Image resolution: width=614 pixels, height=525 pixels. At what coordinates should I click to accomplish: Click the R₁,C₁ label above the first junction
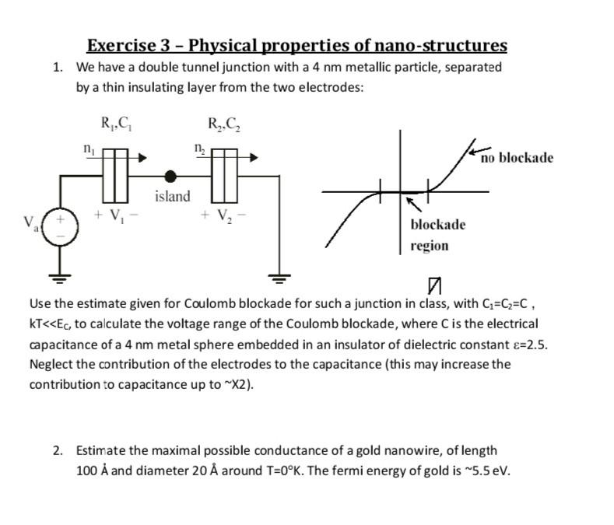point(116,123)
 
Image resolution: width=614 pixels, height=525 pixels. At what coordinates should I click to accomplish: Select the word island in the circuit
point(172,196)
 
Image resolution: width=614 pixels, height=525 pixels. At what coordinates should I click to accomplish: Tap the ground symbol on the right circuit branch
point(278,274)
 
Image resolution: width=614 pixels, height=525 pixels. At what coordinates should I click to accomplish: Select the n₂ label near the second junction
point(200,147)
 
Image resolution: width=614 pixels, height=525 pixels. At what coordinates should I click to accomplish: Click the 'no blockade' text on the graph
point(517,158)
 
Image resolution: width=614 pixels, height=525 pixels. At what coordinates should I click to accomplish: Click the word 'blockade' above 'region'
point(437,225)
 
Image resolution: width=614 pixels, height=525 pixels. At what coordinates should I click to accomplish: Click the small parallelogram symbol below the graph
point(434,285)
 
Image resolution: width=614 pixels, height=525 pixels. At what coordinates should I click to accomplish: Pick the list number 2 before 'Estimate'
point(58,450)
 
